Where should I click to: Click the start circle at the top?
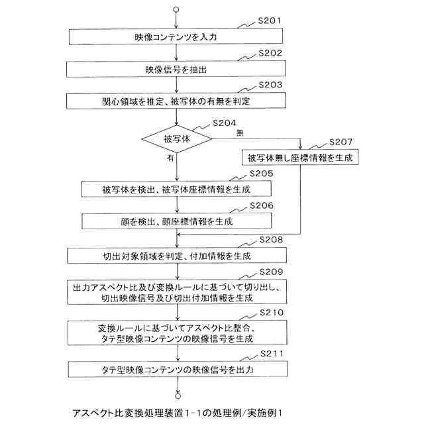coord(176,10)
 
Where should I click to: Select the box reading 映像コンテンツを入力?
coord(176,36)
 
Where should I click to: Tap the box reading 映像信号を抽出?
coord(176,68)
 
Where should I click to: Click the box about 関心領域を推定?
coord(176,101)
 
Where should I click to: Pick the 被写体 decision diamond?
coord(176,138)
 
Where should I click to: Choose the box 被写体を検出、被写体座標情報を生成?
coord(176,189)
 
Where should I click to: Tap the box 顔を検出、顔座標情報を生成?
coord(176,221)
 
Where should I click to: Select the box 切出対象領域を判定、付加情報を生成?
coord(176,255)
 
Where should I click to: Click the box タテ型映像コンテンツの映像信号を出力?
coord(176,368)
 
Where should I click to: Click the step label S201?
coord(270,21)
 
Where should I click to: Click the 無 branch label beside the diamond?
coord(238,132)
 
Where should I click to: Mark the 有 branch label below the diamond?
coord(170,158)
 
